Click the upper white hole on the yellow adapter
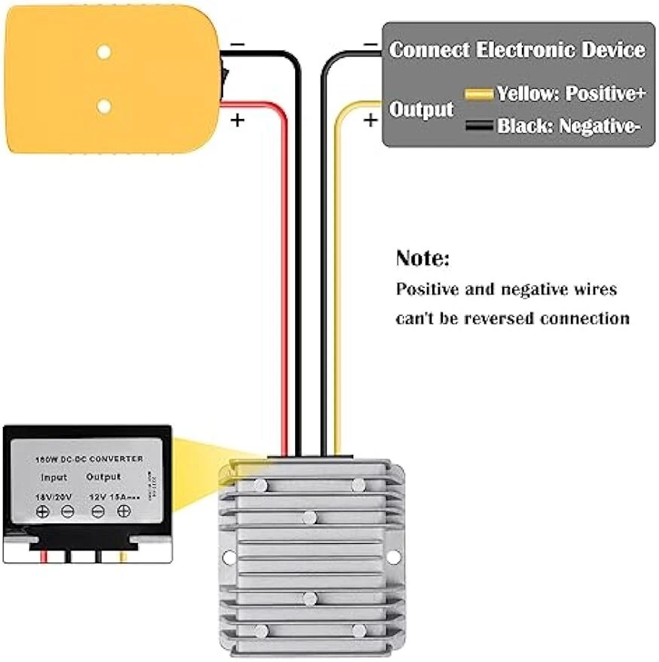(104, 52)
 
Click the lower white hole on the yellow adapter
(104, 106)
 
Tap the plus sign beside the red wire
(237, 120)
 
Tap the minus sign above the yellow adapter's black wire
(236, 44)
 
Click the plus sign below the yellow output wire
(370, 120)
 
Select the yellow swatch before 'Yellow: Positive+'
(479, 94)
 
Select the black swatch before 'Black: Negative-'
(479, 127)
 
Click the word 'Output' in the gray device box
(421, 110)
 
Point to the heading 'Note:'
(423, 259)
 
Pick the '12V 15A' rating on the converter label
(113, 496)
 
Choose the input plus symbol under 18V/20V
(43, 512)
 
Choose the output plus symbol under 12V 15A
(124, 511)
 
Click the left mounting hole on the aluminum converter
(229, 557)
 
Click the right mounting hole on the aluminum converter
(392, 557)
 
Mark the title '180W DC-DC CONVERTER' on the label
(89, 459)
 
